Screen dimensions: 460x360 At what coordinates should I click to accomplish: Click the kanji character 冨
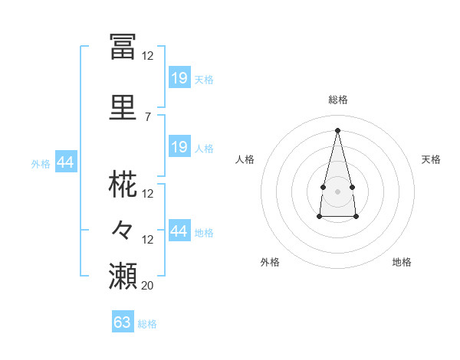(x=123, y=47)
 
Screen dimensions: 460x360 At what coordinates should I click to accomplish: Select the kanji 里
(x=123, y=107)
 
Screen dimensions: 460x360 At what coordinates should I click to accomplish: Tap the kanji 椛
(x=123, y=184)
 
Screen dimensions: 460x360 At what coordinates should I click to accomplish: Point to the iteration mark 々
(x=122, y=230)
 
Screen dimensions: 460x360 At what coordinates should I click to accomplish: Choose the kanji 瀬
(x=123, y=276)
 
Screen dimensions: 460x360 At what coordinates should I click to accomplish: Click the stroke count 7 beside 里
(x=148, y=117)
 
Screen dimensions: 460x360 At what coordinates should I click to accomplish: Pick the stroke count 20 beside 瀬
(x=147, y=285)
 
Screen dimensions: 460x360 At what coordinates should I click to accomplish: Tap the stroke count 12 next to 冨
(x=147, y=56)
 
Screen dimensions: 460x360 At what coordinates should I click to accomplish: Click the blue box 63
(x=123, y=321)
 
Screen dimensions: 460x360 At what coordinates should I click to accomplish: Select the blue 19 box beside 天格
(x=180, y=77)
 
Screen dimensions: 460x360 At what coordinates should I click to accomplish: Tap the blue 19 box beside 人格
(x=180, y=146)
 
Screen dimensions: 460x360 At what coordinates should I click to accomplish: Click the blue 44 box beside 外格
(x=66, y=162)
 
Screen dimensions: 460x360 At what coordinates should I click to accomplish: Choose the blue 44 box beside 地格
(x=180, y=230)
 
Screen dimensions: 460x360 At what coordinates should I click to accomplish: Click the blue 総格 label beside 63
(x=147, y=324)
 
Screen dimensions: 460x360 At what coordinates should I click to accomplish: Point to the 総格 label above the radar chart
(x=338, y=100)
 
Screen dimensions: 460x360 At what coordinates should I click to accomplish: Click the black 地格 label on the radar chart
(x=402, y=262)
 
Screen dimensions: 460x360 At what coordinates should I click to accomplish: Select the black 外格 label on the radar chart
(x=270, y=262)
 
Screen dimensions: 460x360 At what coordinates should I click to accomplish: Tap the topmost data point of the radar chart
(x=337, y=130)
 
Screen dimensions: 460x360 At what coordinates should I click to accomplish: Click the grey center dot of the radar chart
(x=337, y=191)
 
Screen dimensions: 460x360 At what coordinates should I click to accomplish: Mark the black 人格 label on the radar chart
(x=245, y=159)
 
